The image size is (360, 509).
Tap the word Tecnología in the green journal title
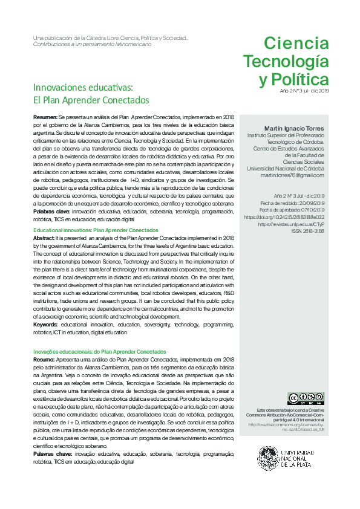pos(286,62)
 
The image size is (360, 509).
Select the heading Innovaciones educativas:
pos(83,87)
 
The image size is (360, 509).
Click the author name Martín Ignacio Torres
pos(294,129)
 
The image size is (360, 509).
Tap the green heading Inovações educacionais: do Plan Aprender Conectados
pos(99,352)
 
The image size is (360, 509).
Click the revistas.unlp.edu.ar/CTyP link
pos(293,224)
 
